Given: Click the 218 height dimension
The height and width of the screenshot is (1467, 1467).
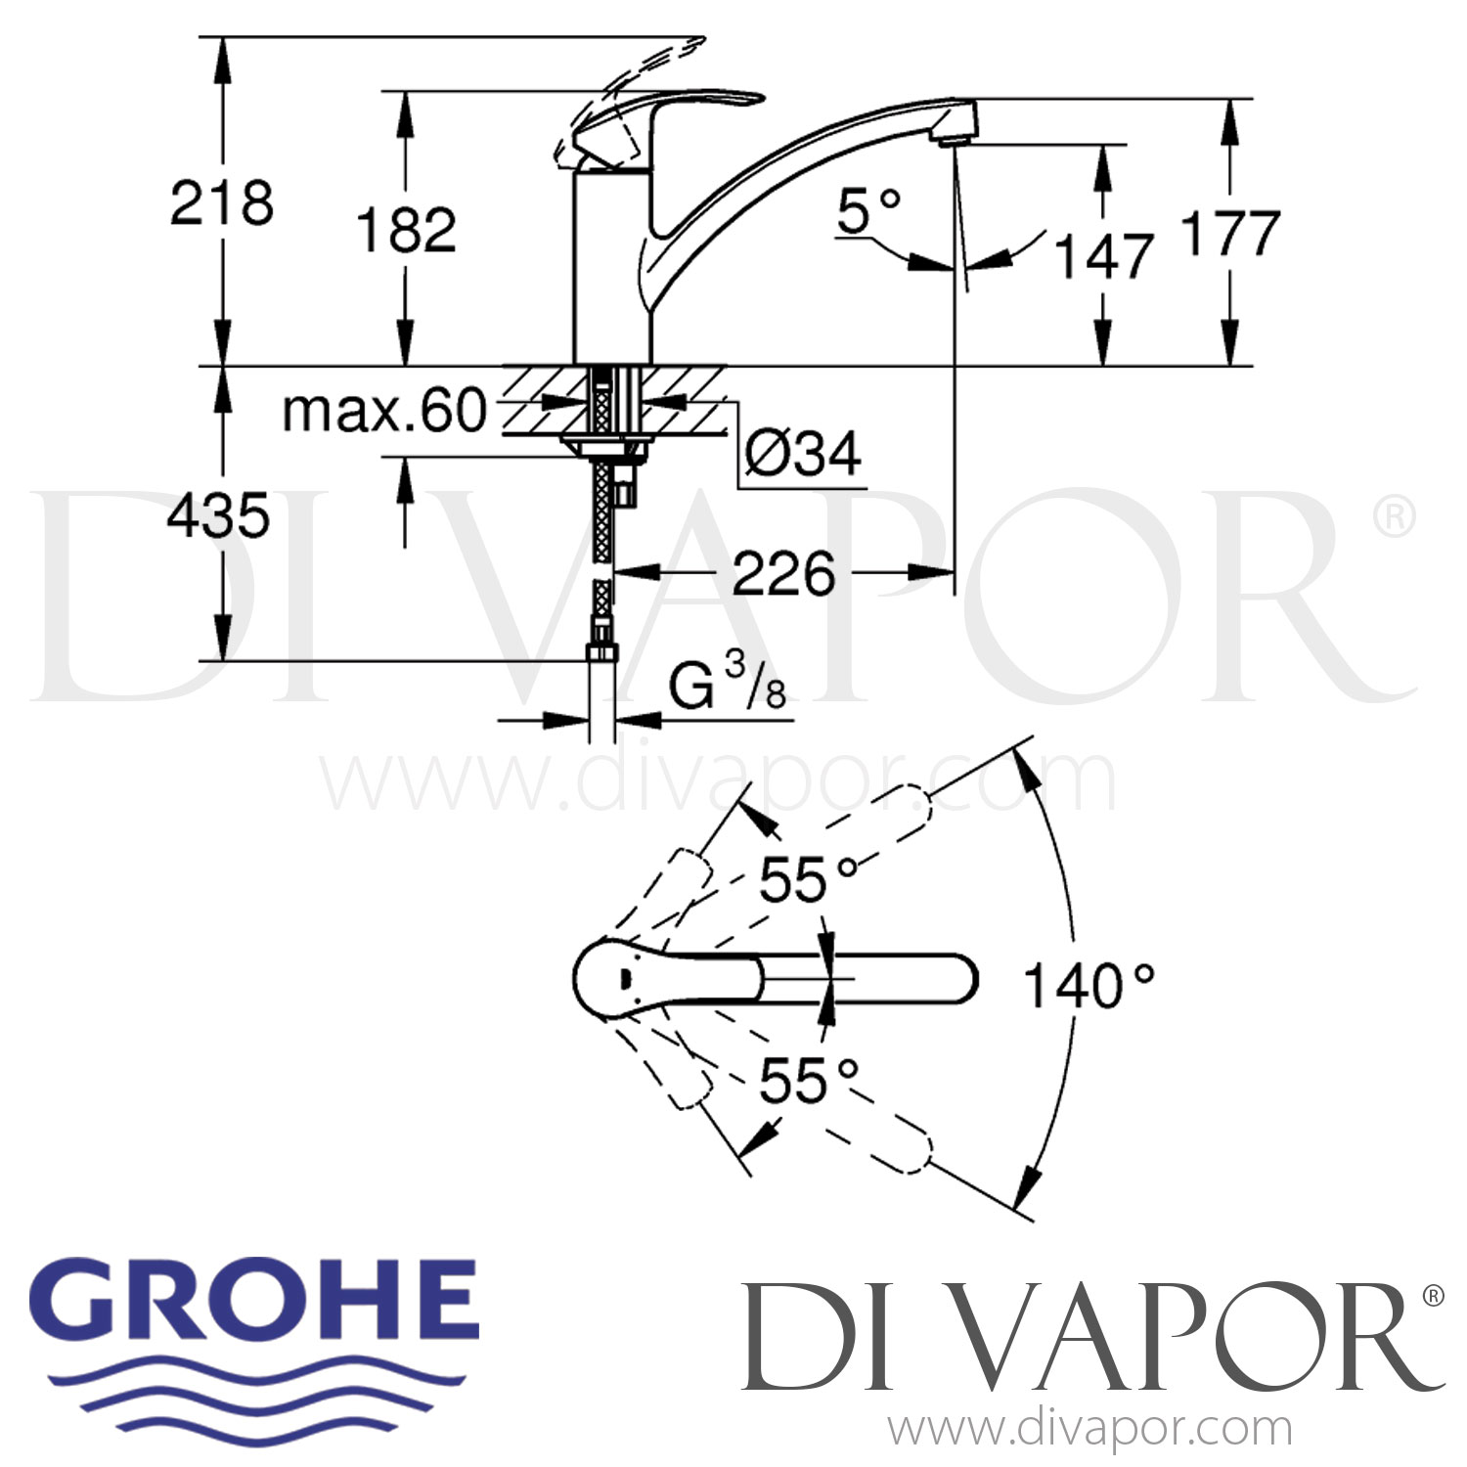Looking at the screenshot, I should click(x=222, y=203).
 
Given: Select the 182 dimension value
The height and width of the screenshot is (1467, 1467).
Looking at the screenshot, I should click(x=406, y=231).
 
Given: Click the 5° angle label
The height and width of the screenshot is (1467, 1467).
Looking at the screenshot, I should click(x=868, y=211).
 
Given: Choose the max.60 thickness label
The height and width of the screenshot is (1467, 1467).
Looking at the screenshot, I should click(x=383, y=411).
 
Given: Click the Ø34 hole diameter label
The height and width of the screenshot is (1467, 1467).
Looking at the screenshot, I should click(x=802, y=453).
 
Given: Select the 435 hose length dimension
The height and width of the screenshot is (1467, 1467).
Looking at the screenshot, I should click(x=217, y=515).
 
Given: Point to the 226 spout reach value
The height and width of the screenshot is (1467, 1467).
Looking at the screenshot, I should click(x=783, y=573).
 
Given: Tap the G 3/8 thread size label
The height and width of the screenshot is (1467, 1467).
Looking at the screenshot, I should click(x=729, y=684).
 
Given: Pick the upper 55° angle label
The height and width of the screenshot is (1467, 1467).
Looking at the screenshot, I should click(x=808, y=879).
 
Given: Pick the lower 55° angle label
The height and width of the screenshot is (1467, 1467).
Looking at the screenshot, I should click(x=808, y=1081).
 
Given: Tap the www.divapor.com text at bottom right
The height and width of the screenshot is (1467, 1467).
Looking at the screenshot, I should click(x=1089, y=1430).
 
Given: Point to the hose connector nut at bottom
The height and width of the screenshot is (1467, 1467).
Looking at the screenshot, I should click(x=600, y=652).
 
